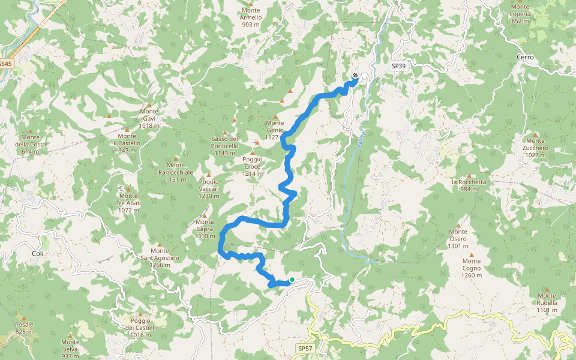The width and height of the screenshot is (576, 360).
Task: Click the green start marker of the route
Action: click(x=292, y=280)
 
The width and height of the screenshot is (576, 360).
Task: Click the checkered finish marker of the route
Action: click(x=356, y=76)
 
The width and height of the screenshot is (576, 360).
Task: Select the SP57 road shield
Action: click(x=305, y=349)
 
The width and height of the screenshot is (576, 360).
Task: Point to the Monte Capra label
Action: click(x=205, y=229)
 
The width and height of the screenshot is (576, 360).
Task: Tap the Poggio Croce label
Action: click(x=253, y=163)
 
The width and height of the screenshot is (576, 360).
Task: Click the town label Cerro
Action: click(x=524, y=57)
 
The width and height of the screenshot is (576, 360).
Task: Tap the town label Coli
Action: click(x=37, y=254)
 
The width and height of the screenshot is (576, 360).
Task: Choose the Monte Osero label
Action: click(x=458, y=239)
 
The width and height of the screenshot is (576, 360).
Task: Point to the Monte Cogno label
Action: click(x=472, y=268)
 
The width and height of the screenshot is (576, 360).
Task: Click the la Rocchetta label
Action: click(x=469, y=185)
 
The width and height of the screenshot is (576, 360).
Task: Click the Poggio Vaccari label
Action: click(x=209, y=185)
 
